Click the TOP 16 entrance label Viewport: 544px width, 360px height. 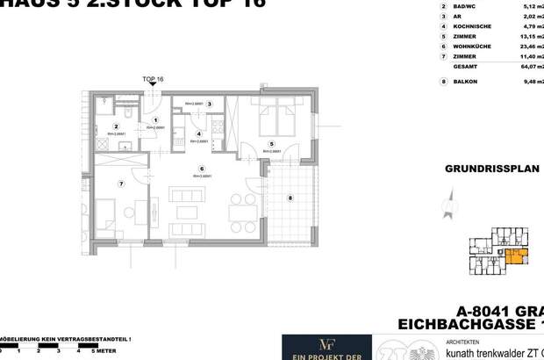click(153, 79)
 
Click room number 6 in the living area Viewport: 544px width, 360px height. click(202, 169)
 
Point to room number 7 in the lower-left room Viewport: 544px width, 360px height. click(122, 183)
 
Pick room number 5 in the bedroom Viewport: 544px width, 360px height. click(272, 144)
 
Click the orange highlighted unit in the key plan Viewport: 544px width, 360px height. click(517, 256)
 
